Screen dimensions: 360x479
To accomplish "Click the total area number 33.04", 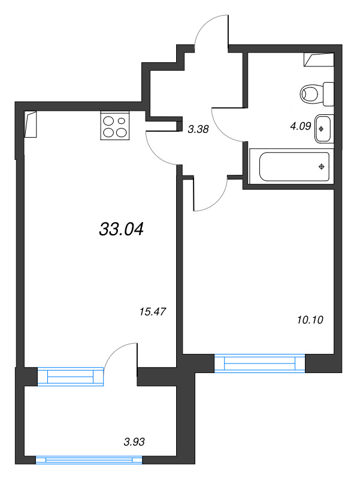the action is (x=122, y=229).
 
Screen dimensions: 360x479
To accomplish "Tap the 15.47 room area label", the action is (x=153, y=311).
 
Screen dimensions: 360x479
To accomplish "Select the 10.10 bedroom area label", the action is (x=310, y=320).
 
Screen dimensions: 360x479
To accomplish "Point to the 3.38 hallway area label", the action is (x=198, y=129).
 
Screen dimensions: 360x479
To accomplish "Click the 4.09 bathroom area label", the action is (x=301, y=126).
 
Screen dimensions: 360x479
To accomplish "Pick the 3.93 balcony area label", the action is (x=134, y=442).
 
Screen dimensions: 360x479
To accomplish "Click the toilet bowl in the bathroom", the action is (x=311, y=94).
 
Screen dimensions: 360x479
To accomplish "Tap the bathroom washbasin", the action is (x=323, y=129).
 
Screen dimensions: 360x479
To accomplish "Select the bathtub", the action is (x=292, y=166).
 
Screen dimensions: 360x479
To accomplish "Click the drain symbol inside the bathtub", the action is (x=321, y=166).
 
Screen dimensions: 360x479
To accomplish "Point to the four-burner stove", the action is (x=115, y=125).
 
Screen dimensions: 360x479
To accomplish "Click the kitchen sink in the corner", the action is (x=31, y=124).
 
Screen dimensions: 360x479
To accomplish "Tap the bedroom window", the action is (x=260, y=363).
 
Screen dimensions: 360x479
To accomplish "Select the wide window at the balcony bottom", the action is (x=89, y=460).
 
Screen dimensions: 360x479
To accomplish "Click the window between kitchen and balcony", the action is (x=71, y=377).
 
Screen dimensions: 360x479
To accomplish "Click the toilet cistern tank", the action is (x=328, y=94).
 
